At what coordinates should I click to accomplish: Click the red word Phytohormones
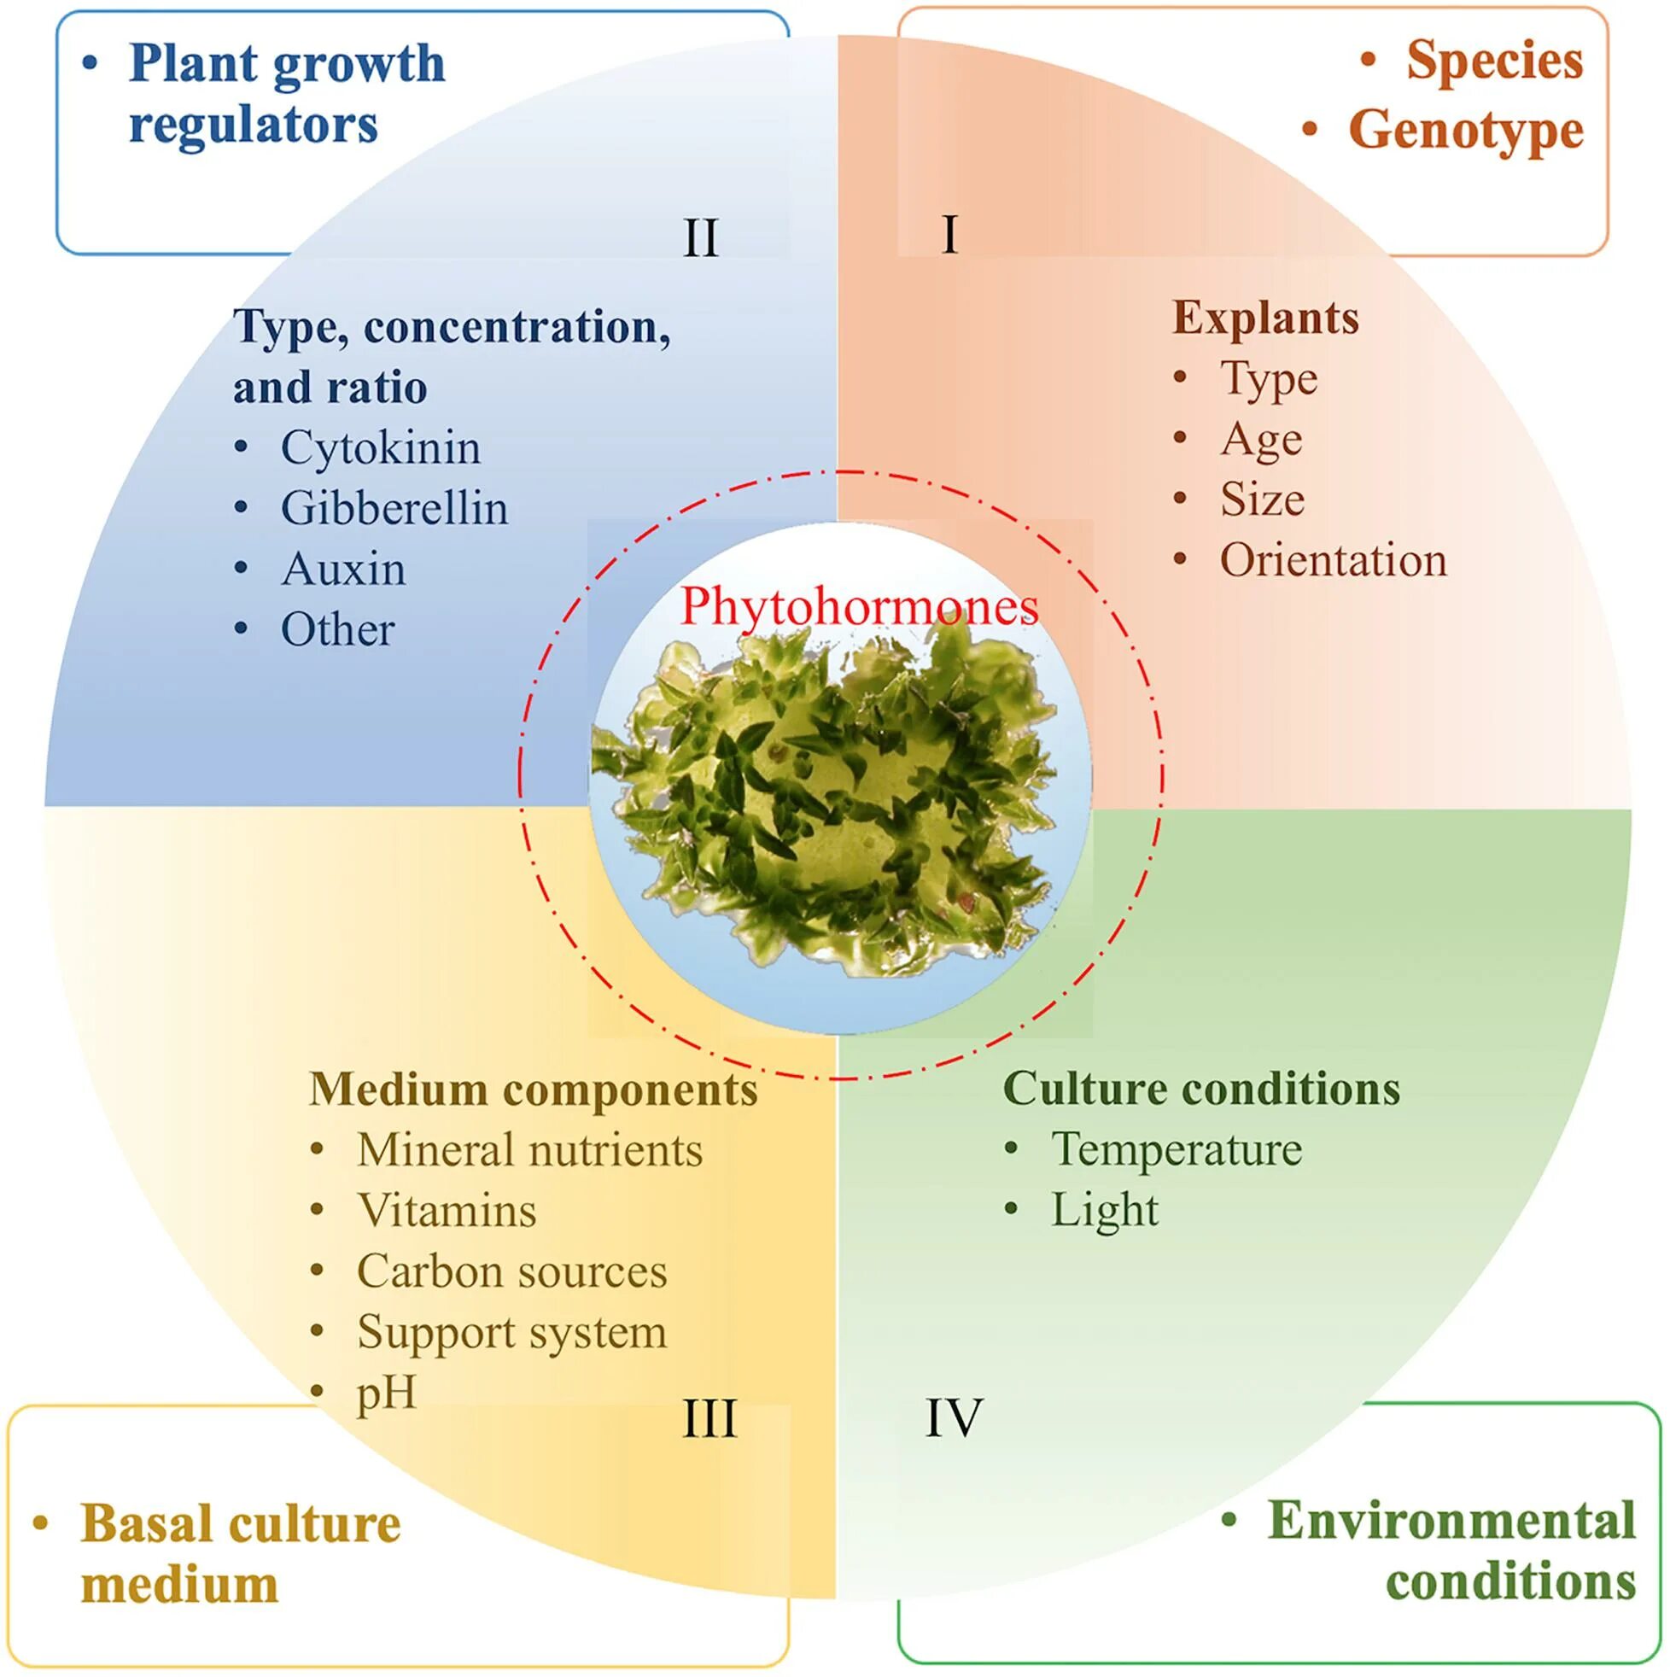[858, 606]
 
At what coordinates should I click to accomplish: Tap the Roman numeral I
[949, 234]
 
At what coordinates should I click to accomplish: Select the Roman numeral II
[700, 237]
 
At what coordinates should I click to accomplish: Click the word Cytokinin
[380, 448]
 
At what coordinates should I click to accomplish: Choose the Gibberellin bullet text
[394, 509]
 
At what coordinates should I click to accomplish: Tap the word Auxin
[344, 570]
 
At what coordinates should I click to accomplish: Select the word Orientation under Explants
[1334, 561]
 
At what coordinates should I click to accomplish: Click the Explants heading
[1265, 318]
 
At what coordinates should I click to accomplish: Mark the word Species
[1495, 61]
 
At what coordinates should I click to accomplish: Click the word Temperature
[1177, 1149]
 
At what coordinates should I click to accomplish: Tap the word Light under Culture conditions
[1104, 1210]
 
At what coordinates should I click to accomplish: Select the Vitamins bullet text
[447, 1211]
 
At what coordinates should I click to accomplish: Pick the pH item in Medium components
[386, 1394]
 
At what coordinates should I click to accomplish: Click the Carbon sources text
[512, 1271]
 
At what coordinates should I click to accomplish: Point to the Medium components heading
[533, 1090]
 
